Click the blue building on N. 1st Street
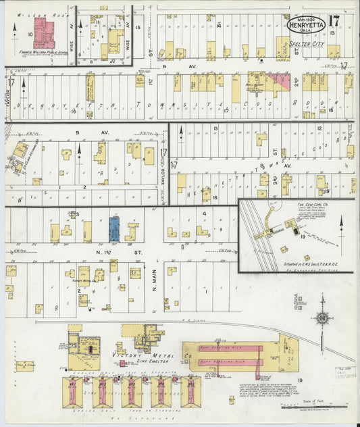(114, 229)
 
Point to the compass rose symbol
(324, 318)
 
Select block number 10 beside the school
(30, 33)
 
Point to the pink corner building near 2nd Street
(278, 83)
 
